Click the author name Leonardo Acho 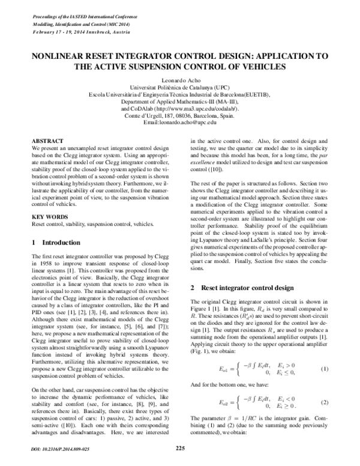click(180, 80)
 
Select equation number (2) click(325, 418)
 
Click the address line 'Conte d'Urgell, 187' click(180, 116)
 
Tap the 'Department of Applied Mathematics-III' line click(180, 102)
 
